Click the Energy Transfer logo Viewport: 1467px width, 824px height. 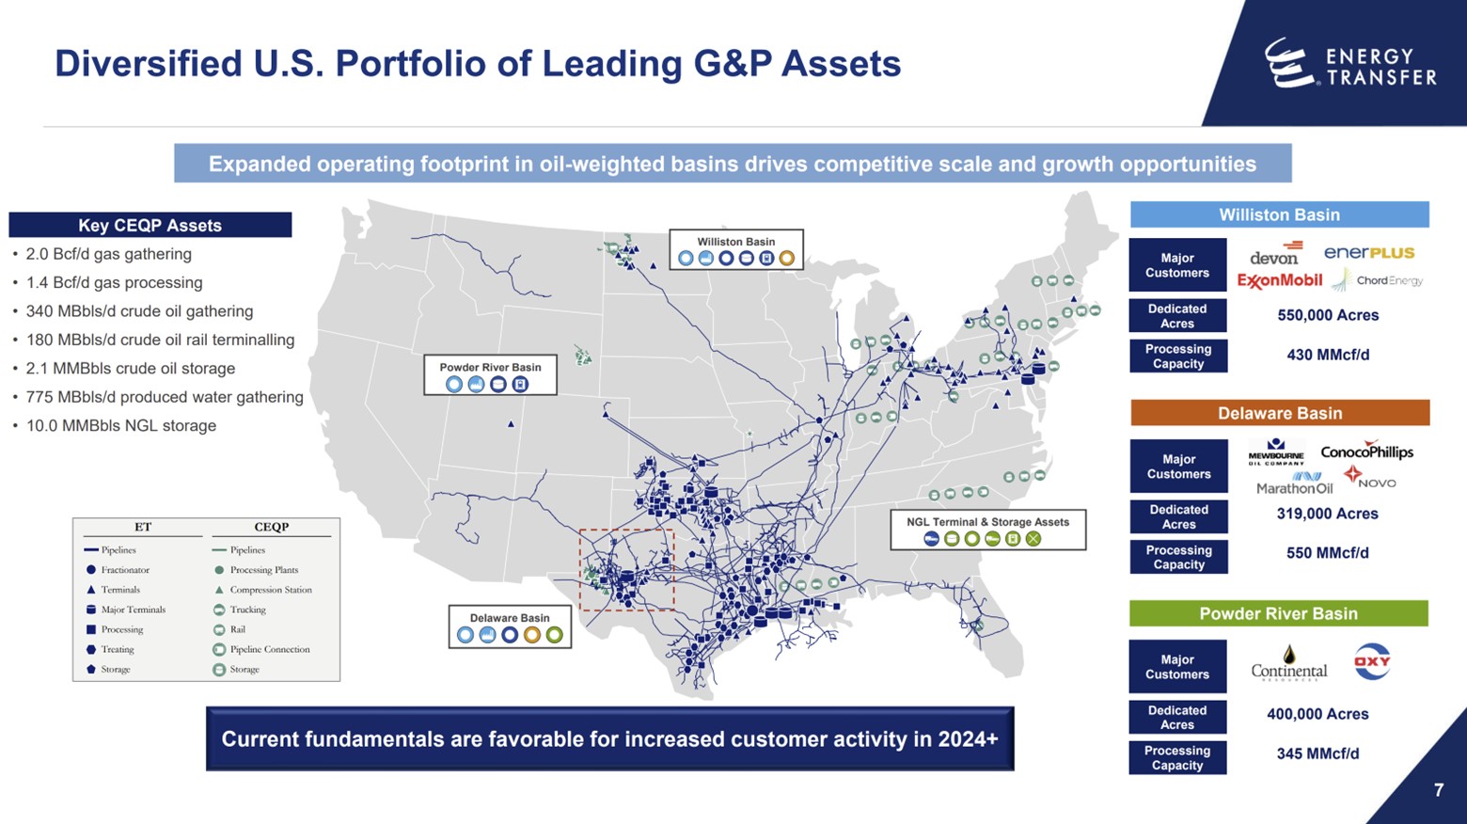1350,64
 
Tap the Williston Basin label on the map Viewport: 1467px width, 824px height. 735,249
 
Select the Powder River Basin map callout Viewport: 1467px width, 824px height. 490,375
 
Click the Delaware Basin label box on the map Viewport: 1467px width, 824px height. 509,626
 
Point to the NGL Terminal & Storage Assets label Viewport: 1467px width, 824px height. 987,531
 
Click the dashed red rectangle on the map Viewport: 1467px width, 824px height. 626,570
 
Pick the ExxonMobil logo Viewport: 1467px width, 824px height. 1279,280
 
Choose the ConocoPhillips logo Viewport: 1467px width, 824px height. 1366,452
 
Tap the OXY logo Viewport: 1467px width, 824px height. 1372,661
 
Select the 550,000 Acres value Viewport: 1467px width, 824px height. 1328,315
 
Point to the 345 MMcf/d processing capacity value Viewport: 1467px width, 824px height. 1317,753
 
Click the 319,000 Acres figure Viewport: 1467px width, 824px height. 1327,514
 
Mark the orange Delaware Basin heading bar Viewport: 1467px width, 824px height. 1279,413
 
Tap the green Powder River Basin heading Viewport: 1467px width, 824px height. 1278,613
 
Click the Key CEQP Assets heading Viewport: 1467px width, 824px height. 150,225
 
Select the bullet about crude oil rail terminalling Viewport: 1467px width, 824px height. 160,340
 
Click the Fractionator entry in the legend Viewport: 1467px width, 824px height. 125,570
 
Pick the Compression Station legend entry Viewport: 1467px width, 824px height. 271,590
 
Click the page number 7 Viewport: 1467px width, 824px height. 1438,790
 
